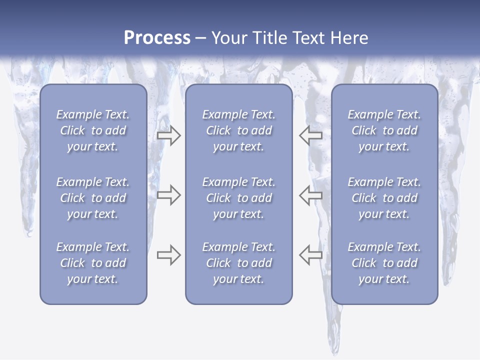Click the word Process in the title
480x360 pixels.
[x=157, y=38]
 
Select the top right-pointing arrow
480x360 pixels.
[x=168, y=135]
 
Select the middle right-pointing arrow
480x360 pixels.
[x=168, y=195]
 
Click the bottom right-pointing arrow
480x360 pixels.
[x=168, y=255]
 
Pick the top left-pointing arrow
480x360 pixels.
[x=310, y=135]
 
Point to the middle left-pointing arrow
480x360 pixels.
[x=310, y=195]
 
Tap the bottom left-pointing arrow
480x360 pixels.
[x=310, y=255]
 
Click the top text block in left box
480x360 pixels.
[x=93, y=130]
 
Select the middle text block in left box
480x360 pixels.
[x=93, y=198]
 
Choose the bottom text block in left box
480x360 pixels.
[x=93, y=263]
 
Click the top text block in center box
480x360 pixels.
[x=238, y=130]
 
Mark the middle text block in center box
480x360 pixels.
[x=238, y=198]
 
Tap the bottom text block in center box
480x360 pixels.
[x=238, y=263]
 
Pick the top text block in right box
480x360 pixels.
[x=384, y=130]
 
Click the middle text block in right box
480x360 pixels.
[x=384, y=198]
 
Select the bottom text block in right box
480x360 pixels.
[x=384, y=263]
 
